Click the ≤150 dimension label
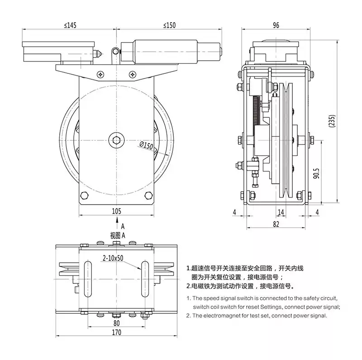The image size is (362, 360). point(169,26)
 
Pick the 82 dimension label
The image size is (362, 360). point(276,224)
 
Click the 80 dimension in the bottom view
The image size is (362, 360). point(117,323)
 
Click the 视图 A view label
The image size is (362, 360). point(117,235)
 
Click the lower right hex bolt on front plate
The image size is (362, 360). point(148,195)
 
